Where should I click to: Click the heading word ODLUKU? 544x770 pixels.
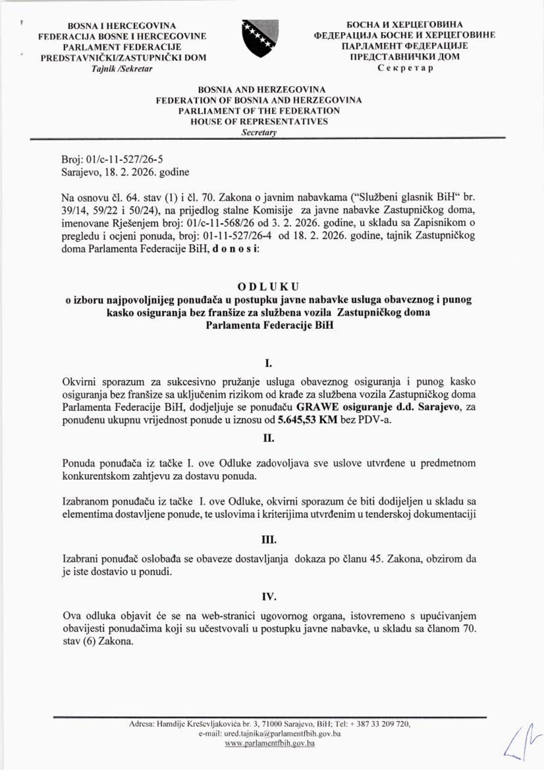[x=268, y=287]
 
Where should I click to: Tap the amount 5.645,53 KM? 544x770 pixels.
[x=307, y=420]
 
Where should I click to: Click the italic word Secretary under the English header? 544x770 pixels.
[x=259, y=133]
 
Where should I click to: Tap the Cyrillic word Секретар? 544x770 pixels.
[x=405, y=68]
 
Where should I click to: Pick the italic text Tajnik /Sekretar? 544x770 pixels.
[x=122, y=69]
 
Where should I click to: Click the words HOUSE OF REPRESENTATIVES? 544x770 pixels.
[x=259, y=121]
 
